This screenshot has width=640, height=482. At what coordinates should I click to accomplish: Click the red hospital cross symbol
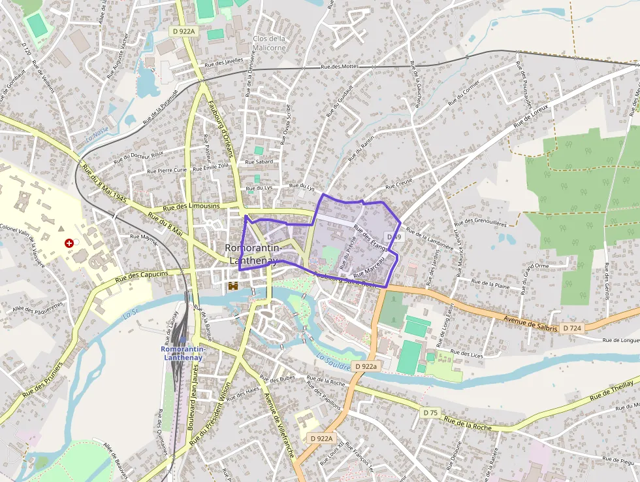coord(69,243)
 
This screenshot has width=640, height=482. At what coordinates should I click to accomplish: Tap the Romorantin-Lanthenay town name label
coord(253,254)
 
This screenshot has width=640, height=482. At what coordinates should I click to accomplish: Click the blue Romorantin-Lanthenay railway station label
coord(183,353)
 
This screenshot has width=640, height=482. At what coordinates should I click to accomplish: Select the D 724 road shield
coord(571,328)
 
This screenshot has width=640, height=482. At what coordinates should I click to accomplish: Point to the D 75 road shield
coord(430,413)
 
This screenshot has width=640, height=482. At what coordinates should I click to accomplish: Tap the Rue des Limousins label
coord(191,207)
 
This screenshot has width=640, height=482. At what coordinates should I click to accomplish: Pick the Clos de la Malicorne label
coord(269,43)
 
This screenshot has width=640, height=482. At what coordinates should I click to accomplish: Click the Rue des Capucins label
coord(142,277)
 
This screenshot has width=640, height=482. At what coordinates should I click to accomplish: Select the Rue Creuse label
coord(399,188)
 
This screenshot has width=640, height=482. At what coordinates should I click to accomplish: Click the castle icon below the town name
coord(232,286)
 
